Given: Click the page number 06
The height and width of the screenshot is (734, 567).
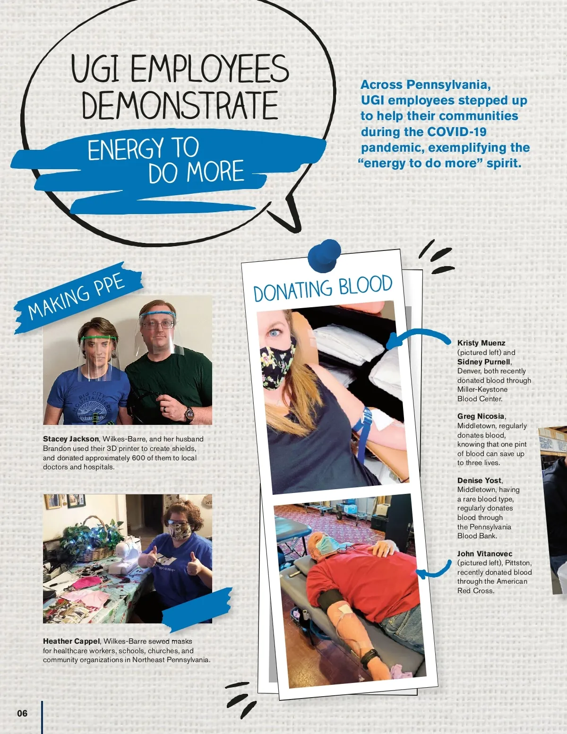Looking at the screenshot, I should (22, 713).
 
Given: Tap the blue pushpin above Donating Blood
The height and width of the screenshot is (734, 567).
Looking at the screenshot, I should (325, 256).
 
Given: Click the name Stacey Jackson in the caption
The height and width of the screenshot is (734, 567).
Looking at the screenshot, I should (71, 439).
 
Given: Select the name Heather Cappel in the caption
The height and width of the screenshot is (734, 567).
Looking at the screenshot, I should (71, 641).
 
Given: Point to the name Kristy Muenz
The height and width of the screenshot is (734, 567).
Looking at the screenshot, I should (481, 343).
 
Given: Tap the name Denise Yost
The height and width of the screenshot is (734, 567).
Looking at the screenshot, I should (479, 481).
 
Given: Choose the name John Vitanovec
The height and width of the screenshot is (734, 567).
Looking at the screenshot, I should (484, 554).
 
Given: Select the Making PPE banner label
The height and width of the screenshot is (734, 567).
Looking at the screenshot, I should (77, 298).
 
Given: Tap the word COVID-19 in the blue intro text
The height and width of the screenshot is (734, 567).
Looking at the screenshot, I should (456, 132).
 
